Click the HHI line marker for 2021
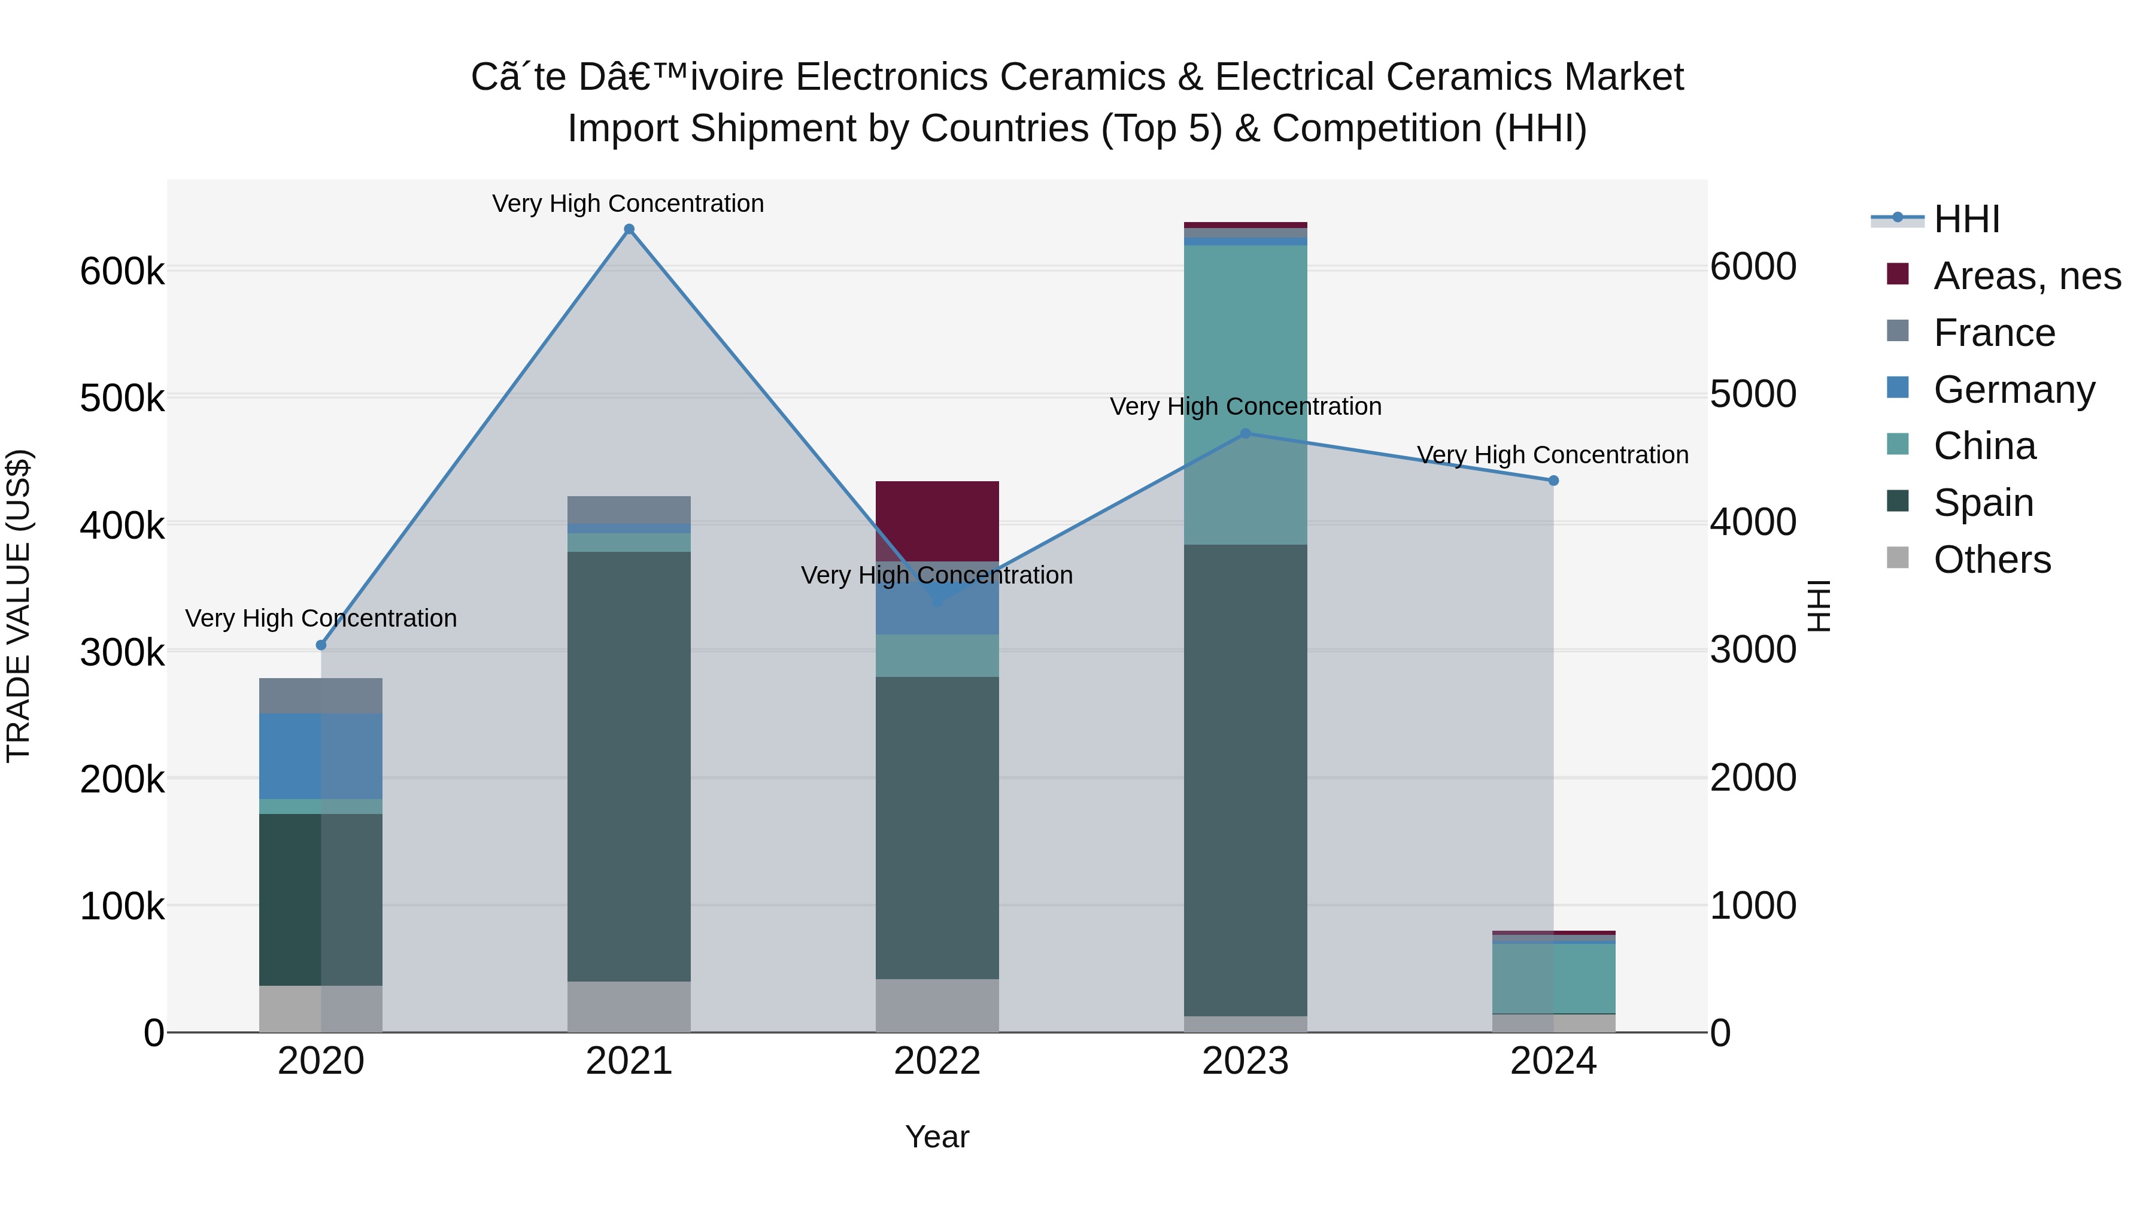629,229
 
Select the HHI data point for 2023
1245,433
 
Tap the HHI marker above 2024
1553,480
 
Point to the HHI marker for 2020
321,645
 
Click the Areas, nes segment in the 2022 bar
937,520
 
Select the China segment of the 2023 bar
1245,393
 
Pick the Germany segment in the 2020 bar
321,756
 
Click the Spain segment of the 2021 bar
629,766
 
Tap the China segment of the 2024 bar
1553,978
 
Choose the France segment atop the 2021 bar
629,509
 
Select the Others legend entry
1991,560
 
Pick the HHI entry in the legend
1966,219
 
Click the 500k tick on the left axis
122,398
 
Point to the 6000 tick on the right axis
1753,267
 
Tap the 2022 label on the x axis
937,1061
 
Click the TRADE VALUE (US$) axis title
19,606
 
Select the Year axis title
937,1137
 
